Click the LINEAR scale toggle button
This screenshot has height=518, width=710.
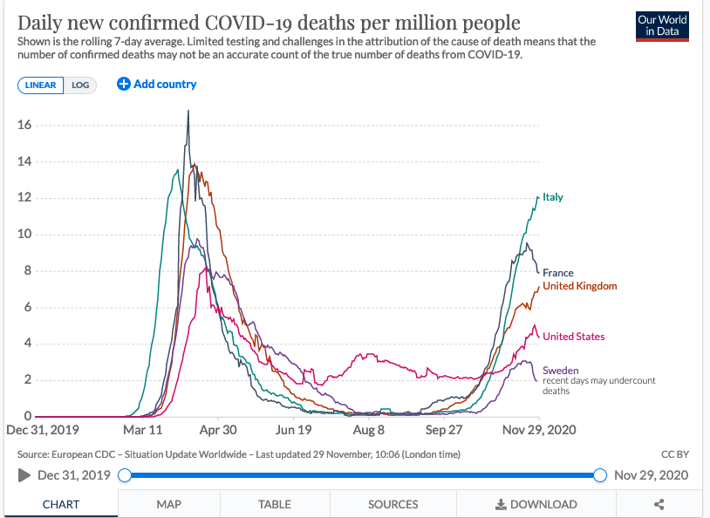tap(40, 85)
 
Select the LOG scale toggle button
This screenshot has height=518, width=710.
tap(80, 85)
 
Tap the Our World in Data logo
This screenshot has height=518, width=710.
tap(662, 25)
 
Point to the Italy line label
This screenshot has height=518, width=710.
tap(553, 197)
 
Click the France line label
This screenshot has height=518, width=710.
tap(558, 273)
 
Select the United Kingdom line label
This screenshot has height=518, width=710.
tap(579, 286)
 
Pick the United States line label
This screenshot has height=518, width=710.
tap(573, 337)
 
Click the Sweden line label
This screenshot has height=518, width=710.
tap(560, 371)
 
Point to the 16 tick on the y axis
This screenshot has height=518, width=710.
tap(24, 125)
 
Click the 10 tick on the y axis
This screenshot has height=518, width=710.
tap(24, 234)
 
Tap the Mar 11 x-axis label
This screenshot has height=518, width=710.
tap(142, 430)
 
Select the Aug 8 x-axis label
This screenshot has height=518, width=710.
tap(369, 430)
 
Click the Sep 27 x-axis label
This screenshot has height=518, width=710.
tap(444, 430)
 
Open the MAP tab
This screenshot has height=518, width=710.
tap(169, 504)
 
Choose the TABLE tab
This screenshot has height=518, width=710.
tap(275, 504)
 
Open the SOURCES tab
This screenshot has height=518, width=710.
tap(393, 504)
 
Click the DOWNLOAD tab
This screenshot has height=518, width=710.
tap(536, 504)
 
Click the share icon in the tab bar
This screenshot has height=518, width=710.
tap(659, 504)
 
